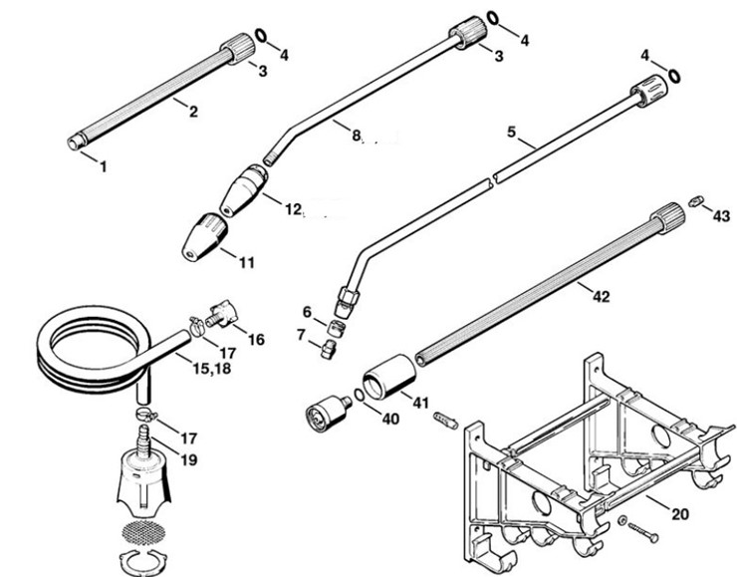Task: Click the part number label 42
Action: [x=601, y=296]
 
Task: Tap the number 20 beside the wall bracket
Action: [x=679, y=514]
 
